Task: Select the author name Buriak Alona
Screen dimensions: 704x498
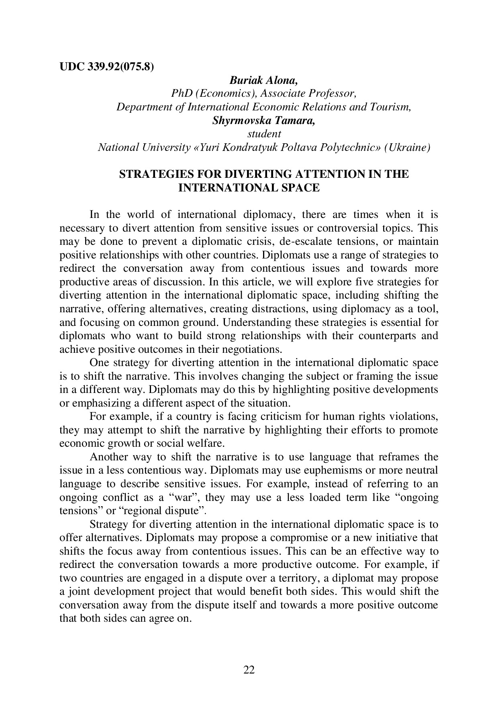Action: [x=263, y=80]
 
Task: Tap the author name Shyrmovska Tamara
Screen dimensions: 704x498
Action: [x=263, y=121]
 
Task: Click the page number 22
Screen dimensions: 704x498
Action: [x=249, y=669]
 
